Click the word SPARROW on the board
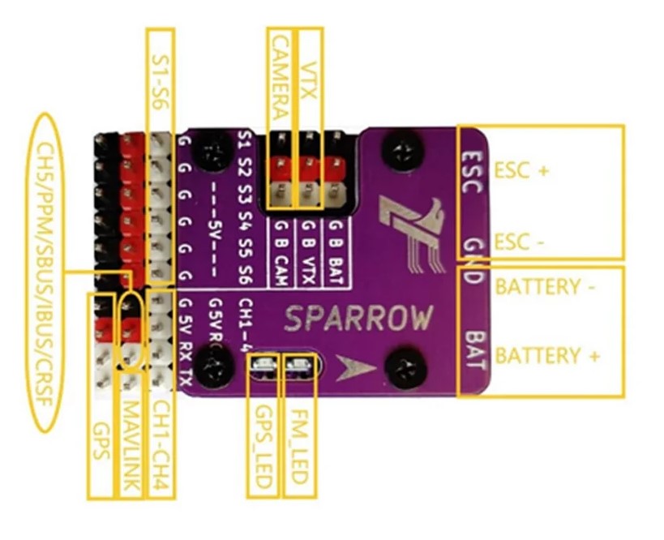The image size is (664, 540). (359, 319)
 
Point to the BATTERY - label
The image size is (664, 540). (537, 286)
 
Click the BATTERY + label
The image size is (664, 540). (547, 355)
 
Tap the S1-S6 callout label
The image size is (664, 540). (159, 70)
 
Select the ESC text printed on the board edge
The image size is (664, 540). (473, 169)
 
